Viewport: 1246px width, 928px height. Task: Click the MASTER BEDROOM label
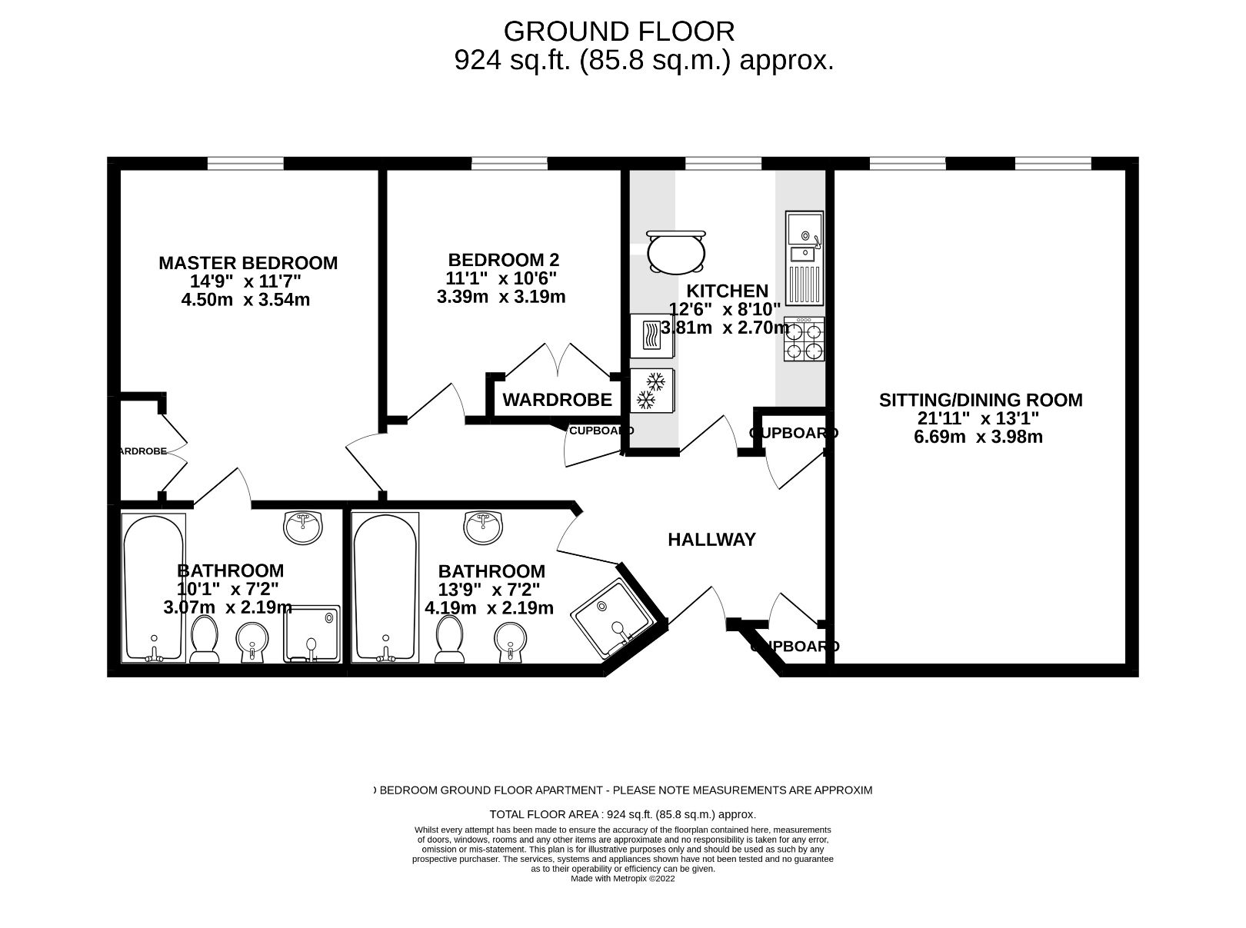click(x=248, y=263)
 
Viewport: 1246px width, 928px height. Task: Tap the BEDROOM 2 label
click(x=503, y=260)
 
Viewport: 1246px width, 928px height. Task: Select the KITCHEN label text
click(x=727, y=291)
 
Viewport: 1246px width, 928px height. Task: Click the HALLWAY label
click(x=711, y=540)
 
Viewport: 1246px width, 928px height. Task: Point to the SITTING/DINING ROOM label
click(x=981, y=400)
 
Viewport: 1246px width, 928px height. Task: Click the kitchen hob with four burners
click(x=804, y=339)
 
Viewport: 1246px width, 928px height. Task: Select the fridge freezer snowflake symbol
click(x=651, y=390)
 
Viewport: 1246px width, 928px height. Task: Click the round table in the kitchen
click(x=675, y=251)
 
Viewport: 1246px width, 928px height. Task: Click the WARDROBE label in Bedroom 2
click(x=557, y=400)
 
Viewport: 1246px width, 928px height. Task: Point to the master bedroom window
click(x=245, y=163)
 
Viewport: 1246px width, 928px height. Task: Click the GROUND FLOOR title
click(x=619, y=32)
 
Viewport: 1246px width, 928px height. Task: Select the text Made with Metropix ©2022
click(x=622, y=879)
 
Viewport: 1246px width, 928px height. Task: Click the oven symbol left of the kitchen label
click(x=651, y=335)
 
